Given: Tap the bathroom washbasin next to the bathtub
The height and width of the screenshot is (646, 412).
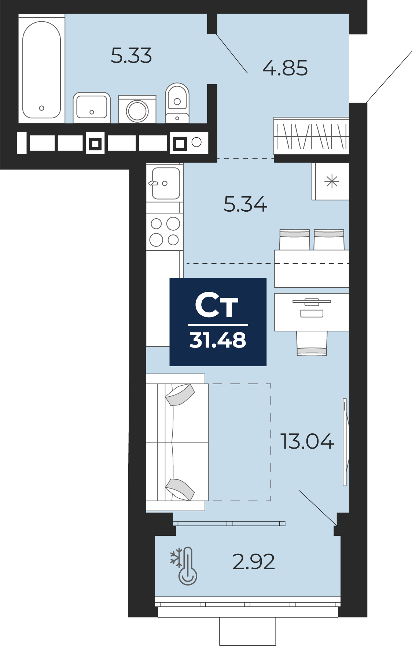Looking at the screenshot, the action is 92,108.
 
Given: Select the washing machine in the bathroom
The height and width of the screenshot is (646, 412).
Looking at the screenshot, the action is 137,109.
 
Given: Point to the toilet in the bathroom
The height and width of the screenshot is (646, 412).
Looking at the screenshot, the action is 177,103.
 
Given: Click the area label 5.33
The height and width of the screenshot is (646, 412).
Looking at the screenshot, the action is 131,56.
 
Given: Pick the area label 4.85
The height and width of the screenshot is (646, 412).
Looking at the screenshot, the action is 285,68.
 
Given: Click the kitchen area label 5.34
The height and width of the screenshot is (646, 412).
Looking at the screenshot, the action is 245,204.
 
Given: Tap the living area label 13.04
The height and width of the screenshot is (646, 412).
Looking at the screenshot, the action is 307,441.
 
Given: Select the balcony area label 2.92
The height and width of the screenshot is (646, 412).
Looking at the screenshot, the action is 254,562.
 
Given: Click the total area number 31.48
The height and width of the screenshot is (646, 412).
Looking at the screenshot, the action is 218,340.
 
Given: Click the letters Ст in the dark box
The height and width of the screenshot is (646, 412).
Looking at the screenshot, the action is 217,305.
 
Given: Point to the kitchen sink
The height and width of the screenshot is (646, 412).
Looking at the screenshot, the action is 165,183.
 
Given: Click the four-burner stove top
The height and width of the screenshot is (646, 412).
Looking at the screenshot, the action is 165,232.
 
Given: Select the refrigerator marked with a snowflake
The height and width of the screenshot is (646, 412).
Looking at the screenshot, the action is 330,182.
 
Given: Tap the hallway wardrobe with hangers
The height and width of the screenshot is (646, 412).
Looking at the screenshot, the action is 311,136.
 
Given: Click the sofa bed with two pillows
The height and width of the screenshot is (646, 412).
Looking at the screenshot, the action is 177,442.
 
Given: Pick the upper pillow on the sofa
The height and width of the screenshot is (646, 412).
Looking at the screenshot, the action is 180,394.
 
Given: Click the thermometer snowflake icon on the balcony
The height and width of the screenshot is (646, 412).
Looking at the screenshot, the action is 184,566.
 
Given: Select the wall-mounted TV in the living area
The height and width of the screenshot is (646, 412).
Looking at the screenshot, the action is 346,442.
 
